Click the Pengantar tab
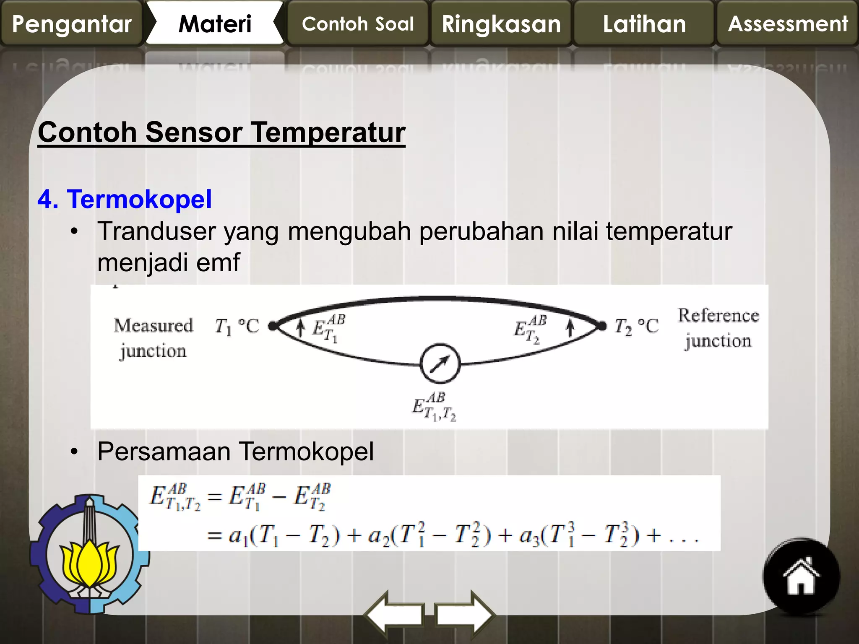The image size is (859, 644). pyautogui.click(x=72, y=23)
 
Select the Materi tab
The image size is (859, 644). pyautogui.click(x=215, y=23)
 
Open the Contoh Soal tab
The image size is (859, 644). pyautogui.click(x=358, y=23)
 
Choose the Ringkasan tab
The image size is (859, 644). pyautogui.click(x=501, y=23)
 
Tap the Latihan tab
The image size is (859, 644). pyautogui.click(x=644, y=23)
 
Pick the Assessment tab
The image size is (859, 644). pyautogui.click(x=788, y=23)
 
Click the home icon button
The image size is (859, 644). pyautogui.click(x=801, y=576)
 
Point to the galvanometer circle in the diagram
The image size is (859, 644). pyautogui.click(x=440, y=364)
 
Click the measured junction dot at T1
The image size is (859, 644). pyautogui.click(x=273, y=326)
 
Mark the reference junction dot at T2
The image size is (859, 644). pyautogui.click(x=602, y=326)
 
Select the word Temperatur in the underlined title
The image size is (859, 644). pyautogui.click(x=328, y=132)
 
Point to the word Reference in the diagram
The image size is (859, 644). pyautogui.click(x=718, y=315)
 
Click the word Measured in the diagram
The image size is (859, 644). pyautogui.click(x=154, y=326)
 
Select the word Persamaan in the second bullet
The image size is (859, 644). pyautogui.click(x=164, y=452)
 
